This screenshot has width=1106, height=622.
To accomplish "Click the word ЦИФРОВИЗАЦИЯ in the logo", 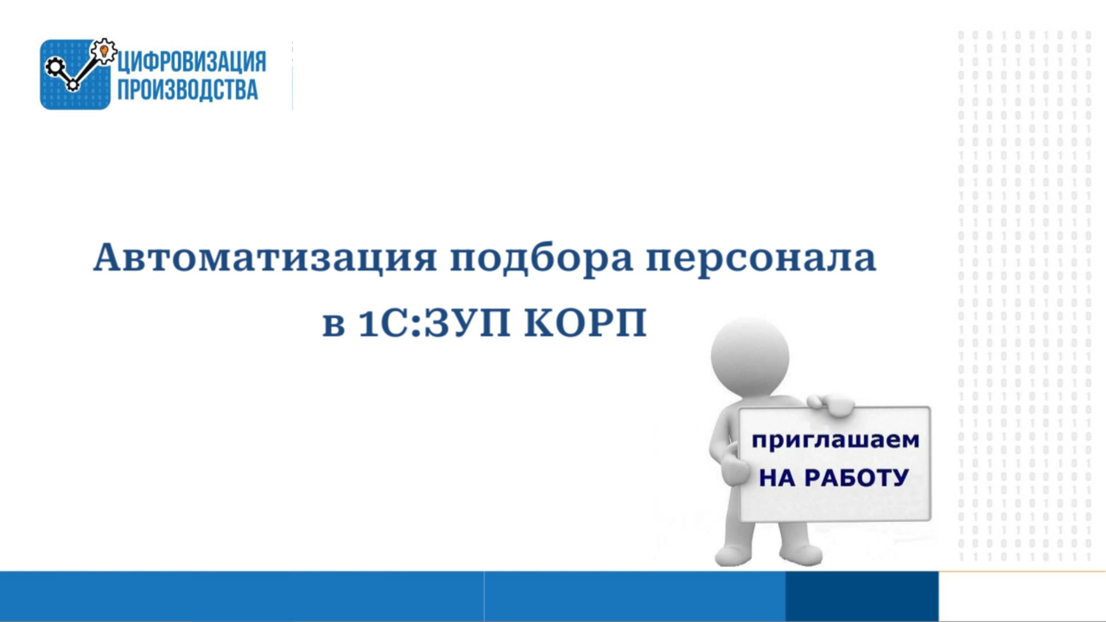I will point(192,62).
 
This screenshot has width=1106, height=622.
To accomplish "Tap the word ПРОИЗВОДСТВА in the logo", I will point(188,90).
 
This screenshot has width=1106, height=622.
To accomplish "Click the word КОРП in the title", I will point(585,323).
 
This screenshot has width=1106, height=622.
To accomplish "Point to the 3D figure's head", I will point(750,356).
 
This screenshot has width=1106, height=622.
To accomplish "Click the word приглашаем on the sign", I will point(836,441).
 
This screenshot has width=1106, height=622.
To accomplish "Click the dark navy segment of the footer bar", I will point(861,596).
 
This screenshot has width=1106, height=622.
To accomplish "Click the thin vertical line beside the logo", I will point(292,76).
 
